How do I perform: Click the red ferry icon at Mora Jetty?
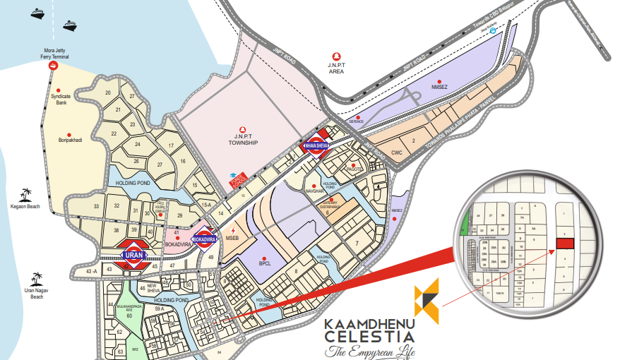(54, 66)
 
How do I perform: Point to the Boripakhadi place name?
(70, 140)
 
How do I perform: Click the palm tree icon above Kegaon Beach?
(26, 193)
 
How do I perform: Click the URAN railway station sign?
(133, 255)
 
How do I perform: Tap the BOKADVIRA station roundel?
(204, 238)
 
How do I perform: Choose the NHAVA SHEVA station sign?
(315, 145)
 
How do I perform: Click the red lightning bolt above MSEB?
(234, 231)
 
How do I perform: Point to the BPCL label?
(264, 265)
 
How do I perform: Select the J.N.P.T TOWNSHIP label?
(243, 140)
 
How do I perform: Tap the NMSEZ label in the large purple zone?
(440, 89)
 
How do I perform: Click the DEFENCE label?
(356, 121)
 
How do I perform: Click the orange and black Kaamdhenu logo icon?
(427, 301)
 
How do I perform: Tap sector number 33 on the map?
(96, 206)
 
